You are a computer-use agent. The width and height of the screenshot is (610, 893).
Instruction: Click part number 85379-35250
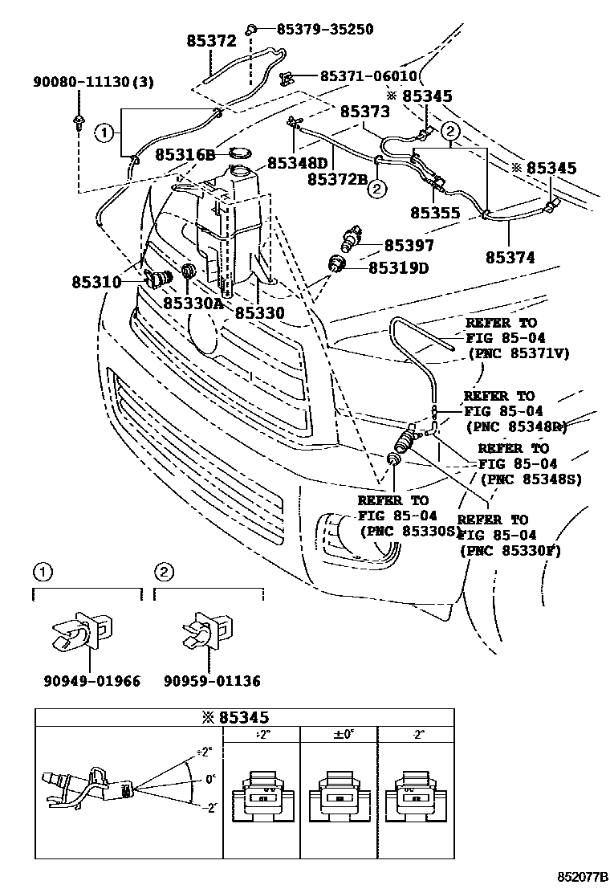point(325,30)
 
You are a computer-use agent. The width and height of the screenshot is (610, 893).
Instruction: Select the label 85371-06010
point(368,76)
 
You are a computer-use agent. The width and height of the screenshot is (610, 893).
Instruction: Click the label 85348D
point(298,162)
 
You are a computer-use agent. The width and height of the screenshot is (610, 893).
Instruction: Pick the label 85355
point(435,214)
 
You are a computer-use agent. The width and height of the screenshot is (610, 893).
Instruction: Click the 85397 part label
point(409,246)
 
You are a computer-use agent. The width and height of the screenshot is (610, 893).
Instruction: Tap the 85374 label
point(510,258)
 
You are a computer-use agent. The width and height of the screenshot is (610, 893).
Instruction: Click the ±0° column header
point(339,734)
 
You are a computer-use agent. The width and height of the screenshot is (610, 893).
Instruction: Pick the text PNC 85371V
point(516,353)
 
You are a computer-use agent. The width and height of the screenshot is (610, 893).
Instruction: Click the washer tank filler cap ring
point(241,152)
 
